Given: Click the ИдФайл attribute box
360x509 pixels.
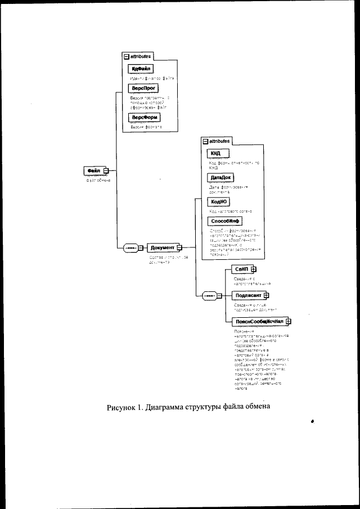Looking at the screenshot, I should pyautogui.click(x=139, y=69).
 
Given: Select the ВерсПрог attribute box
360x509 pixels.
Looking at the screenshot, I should pyautogui.click(x=143, y=89).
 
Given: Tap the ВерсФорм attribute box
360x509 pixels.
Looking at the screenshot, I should pyautogui.click(x=143, y=117).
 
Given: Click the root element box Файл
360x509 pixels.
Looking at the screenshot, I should pyautogui.click(x=93, y=170).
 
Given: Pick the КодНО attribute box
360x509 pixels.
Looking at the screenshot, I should pyautogui.click(x=219, y=201).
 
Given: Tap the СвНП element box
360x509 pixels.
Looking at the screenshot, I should pyautogui.click(x=242, y=269).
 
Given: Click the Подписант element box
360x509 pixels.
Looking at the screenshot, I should pyautogui.click(x=247, y=295).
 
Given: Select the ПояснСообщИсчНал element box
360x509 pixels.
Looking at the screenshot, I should pyautogui.click(x=258, y=321).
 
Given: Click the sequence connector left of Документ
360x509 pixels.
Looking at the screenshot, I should pyautogui.click(x=129, y=247).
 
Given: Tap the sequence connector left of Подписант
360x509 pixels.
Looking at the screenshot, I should pyautogui.click(x=209, y=295).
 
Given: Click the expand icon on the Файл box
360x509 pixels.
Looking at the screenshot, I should pyautogui.click(x=105, y=170).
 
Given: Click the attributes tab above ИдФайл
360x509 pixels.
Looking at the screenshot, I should pyautogui.click(x=138, y=56).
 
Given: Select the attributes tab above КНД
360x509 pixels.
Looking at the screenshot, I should pyautogui.click(x=216, y=141).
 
